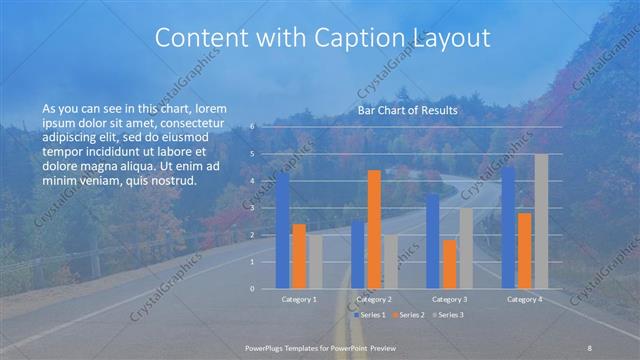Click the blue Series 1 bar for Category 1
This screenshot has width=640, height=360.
tap(283, 230)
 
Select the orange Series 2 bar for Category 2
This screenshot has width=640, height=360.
tap(374, 229)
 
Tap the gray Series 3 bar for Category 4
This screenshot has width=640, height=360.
tap(541, 221)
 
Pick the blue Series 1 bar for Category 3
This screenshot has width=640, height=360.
tap(432, 241)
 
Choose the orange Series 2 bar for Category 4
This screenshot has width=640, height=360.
tap(525, 250)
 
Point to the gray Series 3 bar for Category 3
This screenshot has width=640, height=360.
tap(466, 248)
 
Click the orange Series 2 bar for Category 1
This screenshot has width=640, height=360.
tap(299, 256)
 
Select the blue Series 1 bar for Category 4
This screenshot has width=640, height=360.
tap(508, 227)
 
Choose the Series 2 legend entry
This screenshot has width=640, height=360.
tap(408, 315)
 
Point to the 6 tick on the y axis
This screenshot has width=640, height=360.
tap(253, 126)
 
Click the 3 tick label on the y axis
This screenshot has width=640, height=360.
tap(253, 207)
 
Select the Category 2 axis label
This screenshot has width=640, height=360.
tap(373, 298)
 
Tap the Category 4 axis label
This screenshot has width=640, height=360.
tap(524, 298)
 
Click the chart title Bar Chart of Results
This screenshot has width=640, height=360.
tap(407, 110)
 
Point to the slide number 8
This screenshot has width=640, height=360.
tap(590, 346)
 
